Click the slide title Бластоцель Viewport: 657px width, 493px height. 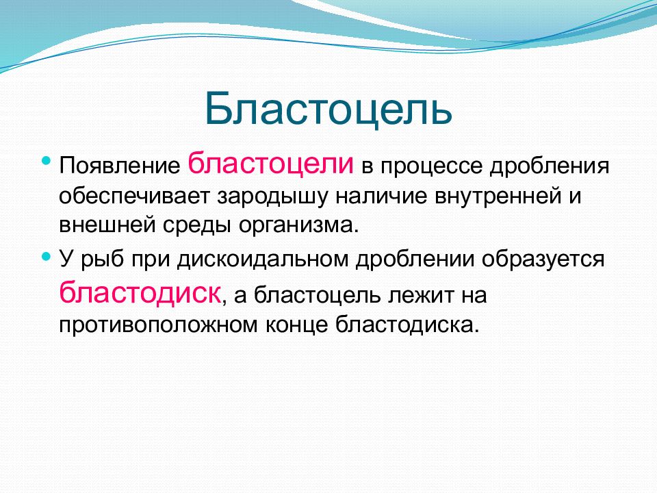328,108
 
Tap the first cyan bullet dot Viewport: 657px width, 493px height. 47,160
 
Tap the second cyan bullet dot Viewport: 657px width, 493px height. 47,255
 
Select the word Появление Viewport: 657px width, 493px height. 120,166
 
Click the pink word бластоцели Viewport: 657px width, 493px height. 271,163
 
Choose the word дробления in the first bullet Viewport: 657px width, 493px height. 550,166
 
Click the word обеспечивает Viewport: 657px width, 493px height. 134,197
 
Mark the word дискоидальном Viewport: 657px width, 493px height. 263,259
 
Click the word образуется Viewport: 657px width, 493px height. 543,260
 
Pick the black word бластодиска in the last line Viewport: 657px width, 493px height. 407,324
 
